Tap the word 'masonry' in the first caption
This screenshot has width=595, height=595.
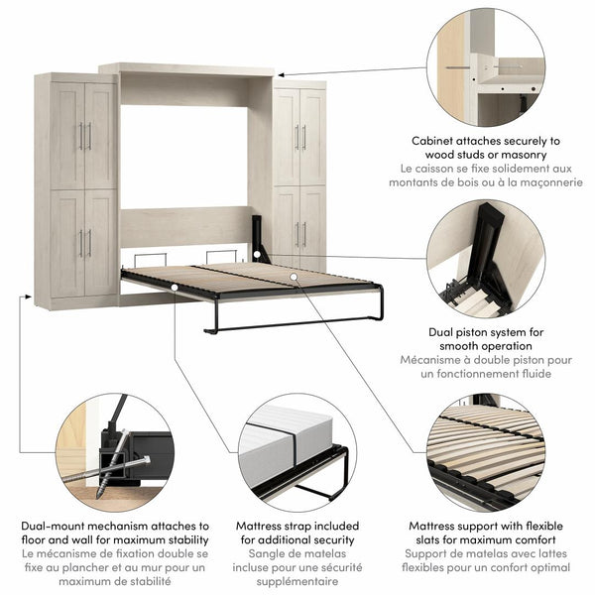coord(531,156)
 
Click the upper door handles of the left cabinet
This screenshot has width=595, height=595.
coord(85,136)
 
